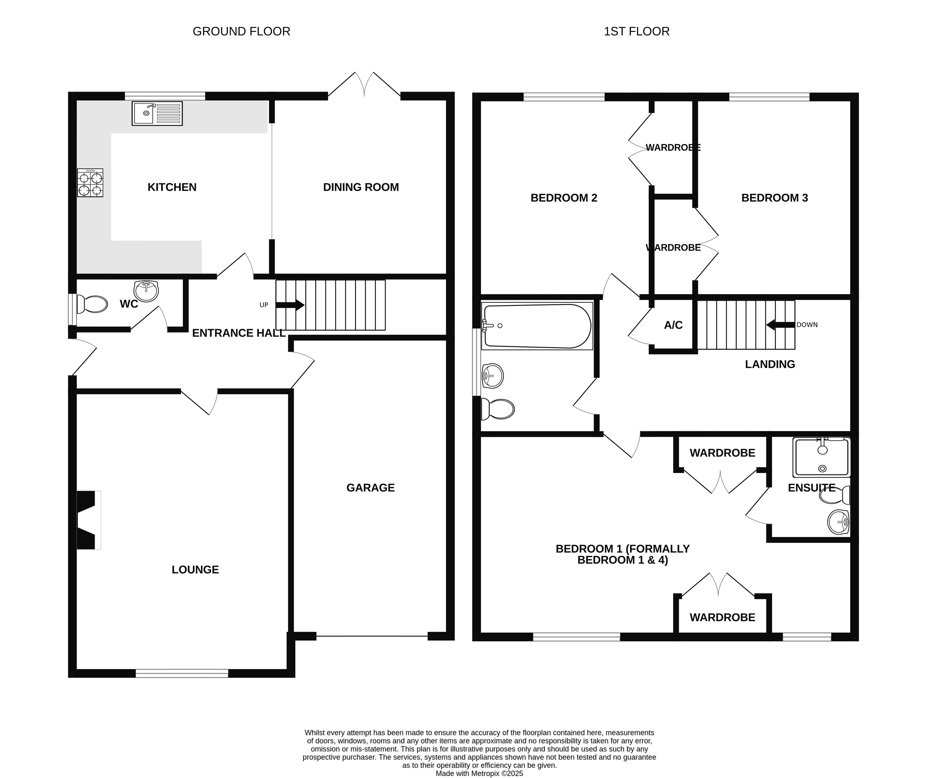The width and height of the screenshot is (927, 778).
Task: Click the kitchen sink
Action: (x=157, y=113)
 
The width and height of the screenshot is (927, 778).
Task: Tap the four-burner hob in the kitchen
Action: (x=90, y=183)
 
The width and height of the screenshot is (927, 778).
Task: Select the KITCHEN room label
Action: (x=172, y=187)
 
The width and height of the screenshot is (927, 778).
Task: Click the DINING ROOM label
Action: (x=361, y=187)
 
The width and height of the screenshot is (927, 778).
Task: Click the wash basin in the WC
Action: (x=146, y=291)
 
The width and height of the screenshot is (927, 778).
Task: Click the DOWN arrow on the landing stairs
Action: (x=780, y=325)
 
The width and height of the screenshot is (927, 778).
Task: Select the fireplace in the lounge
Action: (x=89, y=520)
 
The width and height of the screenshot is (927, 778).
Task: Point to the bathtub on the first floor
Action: (x=537, y=326)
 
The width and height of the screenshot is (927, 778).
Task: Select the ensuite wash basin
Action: (x=838, y=522)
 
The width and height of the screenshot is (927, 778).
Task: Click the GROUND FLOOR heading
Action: (x=241, y=31)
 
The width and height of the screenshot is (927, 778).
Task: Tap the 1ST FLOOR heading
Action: (x=637, y=31)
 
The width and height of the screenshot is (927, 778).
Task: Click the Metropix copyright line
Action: (x=479, y=773)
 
